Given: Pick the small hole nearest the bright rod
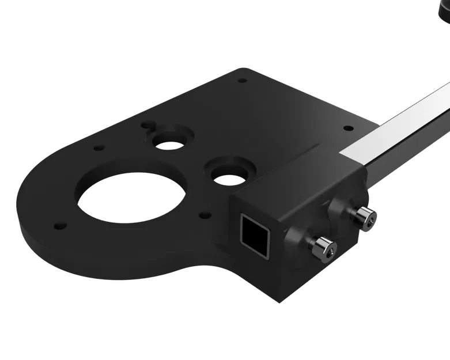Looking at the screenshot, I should pos(347,128).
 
